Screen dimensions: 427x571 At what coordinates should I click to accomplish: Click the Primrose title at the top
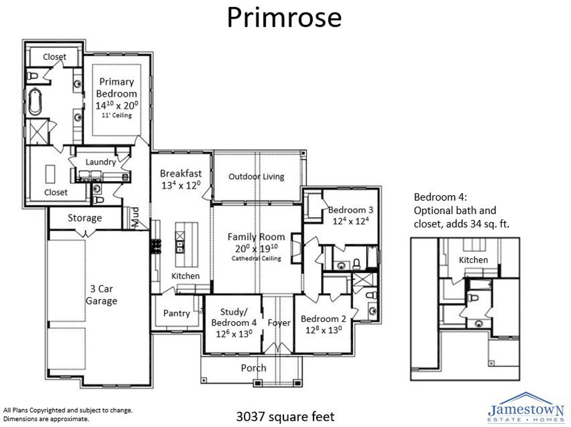coord(284,18)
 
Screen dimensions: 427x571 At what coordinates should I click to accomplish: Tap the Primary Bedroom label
coord(116,88)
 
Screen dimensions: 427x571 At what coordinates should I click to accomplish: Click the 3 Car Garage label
coord(101,295)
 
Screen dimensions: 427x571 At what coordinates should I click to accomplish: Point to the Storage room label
coord(85,218)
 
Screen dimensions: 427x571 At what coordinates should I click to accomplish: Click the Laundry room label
coord(100,162)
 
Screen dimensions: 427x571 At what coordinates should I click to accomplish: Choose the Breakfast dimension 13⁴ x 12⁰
coord(181,185)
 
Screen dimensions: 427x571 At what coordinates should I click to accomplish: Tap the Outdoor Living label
coord(256,176)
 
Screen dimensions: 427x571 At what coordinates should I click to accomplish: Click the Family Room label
coord(256,237)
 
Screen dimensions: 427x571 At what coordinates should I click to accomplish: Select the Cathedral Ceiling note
coord(256,258)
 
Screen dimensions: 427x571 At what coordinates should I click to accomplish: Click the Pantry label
coord(176,313)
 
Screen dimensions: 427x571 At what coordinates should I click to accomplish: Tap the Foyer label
coord(279,322)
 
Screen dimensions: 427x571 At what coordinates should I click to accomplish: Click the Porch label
coord(253,368)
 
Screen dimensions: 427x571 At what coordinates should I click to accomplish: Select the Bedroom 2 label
coord(323,319)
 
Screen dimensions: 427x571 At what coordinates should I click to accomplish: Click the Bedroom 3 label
coord(351,210)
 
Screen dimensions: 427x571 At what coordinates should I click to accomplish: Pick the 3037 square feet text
coord(285,417)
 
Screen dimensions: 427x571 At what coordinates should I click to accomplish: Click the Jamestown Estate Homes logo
coord(526,407)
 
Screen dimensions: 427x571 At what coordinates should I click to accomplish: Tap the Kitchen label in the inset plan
coord(473,260)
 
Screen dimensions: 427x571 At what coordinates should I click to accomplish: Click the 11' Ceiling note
coord(116,115)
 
